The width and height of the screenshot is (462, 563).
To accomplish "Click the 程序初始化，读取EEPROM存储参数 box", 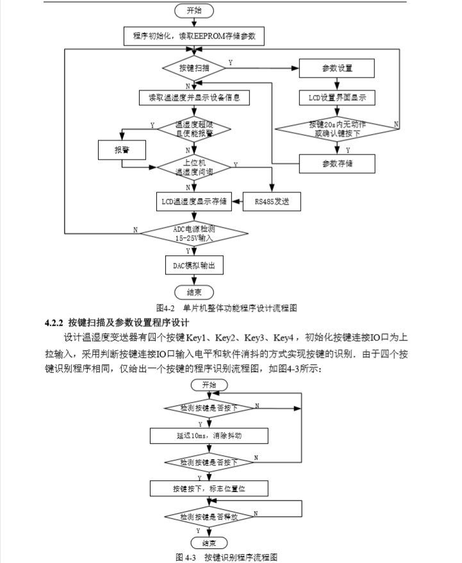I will [194, 37].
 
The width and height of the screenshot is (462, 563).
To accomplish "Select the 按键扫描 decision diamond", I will [194, 67].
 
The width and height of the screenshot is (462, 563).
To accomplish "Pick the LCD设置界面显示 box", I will [337, 98].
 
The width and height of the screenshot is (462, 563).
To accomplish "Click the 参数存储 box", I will [337, 164].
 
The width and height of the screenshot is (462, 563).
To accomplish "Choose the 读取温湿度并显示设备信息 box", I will [194, 98].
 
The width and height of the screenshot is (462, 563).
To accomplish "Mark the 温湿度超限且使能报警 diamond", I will [194, 128].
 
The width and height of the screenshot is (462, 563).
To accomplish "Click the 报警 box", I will [122, 150].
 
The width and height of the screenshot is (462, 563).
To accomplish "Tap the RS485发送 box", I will [272, 201].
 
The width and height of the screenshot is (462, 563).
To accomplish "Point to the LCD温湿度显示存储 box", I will [194, 201].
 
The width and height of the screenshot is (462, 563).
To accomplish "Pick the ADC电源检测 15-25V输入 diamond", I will [194, 232].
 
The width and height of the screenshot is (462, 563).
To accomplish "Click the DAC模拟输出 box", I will [194, 265].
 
